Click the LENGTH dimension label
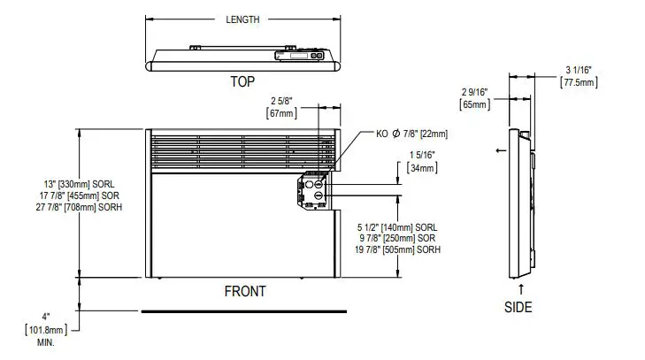point(242,19)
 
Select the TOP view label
point(242,80)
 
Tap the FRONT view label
point(244,291)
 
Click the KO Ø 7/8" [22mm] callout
point(411,134)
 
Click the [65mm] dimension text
point(474,104)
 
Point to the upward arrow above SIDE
point(520,288)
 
